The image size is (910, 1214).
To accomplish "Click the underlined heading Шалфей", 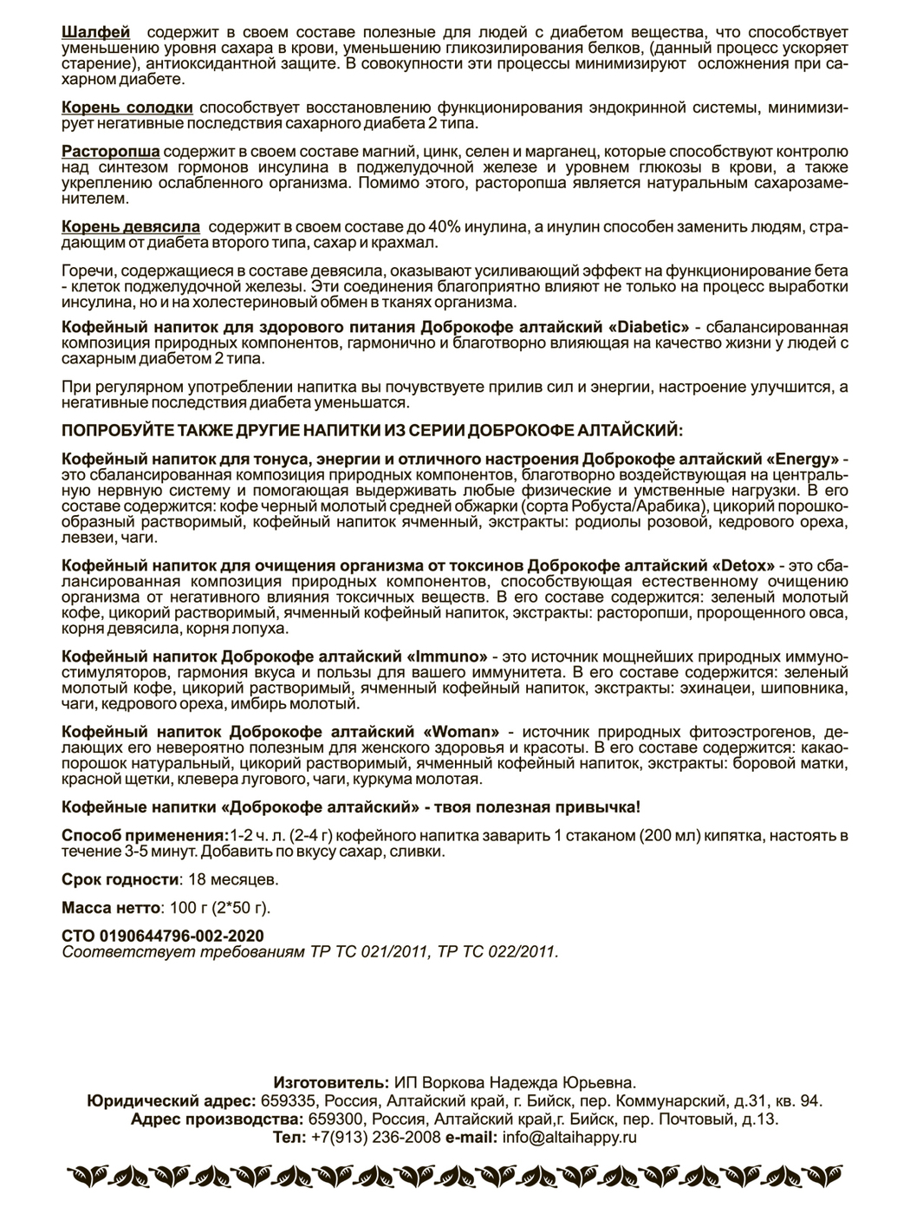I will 96,33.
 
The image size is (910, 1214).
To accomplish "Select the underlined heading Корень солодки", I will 127,108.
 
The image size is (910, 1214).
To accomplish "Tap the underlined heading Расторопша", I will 111,151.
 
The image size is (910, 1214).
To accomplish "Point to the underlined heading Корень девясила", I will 131,225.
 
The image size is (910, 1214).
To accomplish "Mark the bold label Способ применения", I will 143,836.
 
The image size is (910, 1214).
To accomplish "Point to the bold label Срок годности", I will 120,879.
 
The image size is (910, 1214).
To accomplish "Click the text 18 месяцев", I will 231,879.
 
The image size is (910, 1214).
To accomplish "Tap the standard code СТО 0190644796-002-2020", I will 163,937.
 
